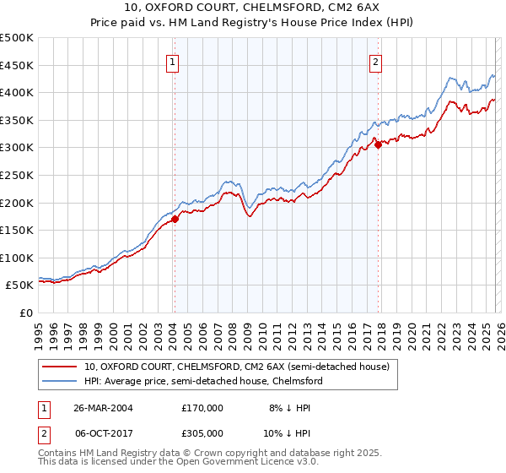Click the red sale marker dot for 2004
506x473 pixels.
coord(175,219)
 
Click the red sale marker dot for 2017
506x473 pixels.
coord(378,145)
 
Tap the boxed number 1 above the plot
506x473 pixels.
coord(172,61)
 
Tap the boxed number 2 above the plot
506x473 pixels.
coord(375,61)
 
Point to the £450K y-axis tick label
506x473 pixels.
coord(17,65)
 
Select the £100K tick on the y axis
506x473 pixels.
coord(17,258)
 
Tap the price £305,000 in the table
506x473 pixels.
coord(202,432)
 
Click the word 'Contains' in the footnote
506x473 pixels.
coord(56,454)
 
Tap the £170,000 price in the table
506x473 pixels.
coord(202,407)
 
